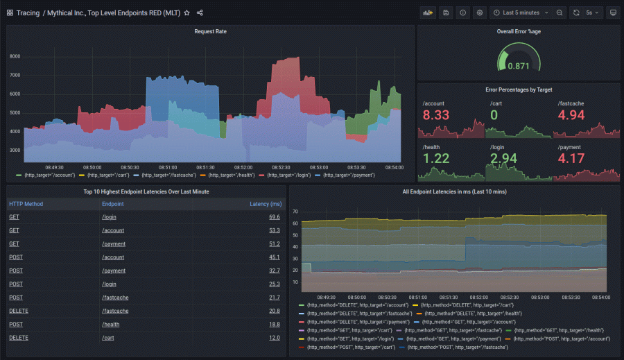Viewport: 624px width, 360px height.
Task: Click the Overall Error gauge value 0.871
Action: click(518, 66)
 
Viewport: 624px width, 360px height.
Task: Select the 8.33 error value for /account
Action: click(436, 115)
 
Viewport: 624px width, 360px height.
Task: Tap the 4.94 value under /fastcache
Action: click(571, 115)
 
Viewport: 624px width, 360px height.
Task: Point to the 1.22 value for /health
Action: click(436, 158)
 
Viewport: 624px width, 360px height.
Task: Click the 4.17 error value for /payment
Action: click(571, 158)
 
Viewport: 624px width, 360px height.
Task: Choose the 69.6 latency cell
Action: click(275, 217)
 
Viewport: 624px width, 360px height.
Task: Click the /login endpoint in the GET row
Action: click(110, 217)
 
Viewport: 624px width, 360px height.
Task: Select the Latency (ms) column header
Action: click(266, 204)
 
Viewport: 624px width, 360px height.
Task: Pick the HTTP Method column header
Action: click(26, 204)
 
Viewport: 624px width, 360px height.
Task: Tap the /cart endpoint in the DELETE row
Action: click(108, 337)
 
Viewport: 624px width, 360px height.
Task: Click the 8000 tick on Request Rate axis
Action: click(15, 57)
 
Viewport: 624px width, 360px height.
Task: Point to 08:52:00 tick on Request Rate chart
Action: click(243, 167)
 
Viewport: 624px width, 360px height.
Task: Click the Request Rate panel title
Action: click(210, 31)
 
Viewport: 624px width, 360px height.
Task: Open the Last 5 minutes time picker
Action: click(521, 12)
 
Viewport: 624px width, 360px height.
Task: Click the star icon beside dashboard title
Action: click(187, 12)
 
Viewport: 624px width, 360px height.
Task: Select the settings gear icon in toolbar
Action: click(479, 12)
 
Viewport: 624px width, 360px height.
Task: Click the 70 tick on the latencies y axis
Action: click(295, 212)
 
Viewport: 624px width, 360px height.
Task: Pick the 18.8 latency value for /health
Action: click(275, 324)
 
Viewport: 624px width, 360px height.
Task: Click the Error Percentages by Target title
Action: click(518, 89)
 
